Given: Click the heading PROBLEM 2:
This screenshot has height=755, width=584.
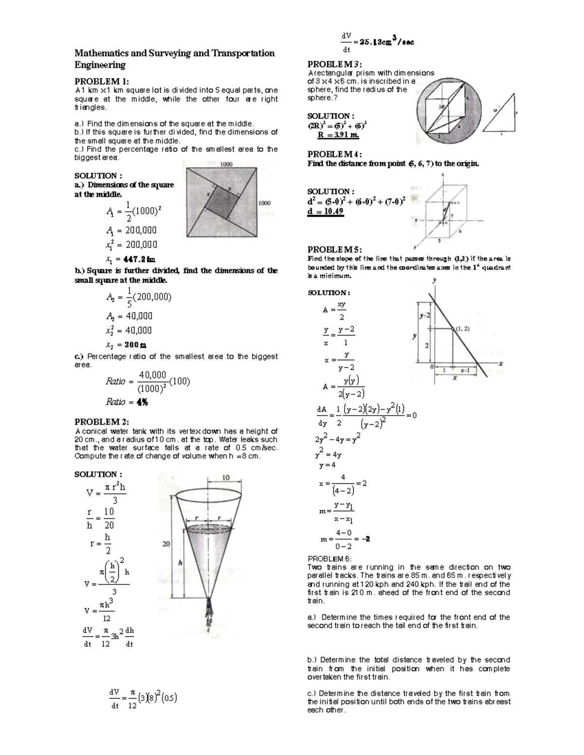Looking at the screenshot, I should [x=101, y=421].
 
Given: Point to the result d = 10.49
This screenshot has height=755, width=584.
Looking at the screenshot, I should [x=326, y=211].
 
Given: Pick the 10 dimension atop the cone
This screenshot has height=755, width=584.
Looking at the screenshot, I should [x=226, y=477].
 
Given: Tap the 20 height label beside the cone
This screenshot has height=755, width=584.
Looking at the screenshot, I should [x=166, y=544].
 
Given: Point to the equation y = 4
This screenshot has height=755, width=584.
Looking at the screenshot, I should [x=327, y=465].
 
